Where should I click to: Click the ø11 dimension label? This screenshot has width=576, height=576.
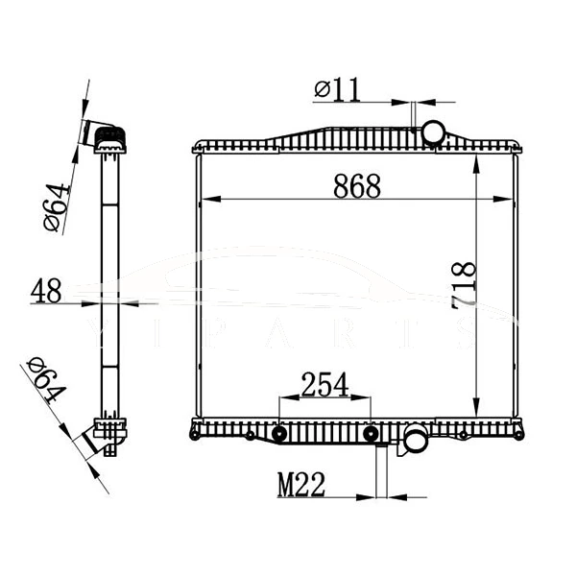click(x=337, y=89)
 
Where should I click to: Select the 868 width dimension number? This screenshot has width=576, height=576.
click(x=357, y=186)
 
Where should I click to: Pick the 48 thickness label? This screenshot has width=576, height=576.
click(x=47, y=290)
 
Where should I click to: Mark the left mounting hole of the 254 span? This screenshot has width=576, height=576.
click(x=279, y=435)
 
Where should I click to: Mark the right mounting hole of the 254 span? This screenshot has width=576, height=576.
click(x=371, y=435)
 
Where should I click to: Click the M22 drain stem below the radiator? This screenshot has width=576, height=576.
click(x=381, y=470)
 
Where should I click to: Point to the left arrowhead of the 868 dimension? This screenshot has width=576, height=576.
click(x=204, y=200)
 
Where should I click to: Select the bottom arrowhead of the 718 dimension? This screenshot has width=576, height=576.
click(x=477, y=411)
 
